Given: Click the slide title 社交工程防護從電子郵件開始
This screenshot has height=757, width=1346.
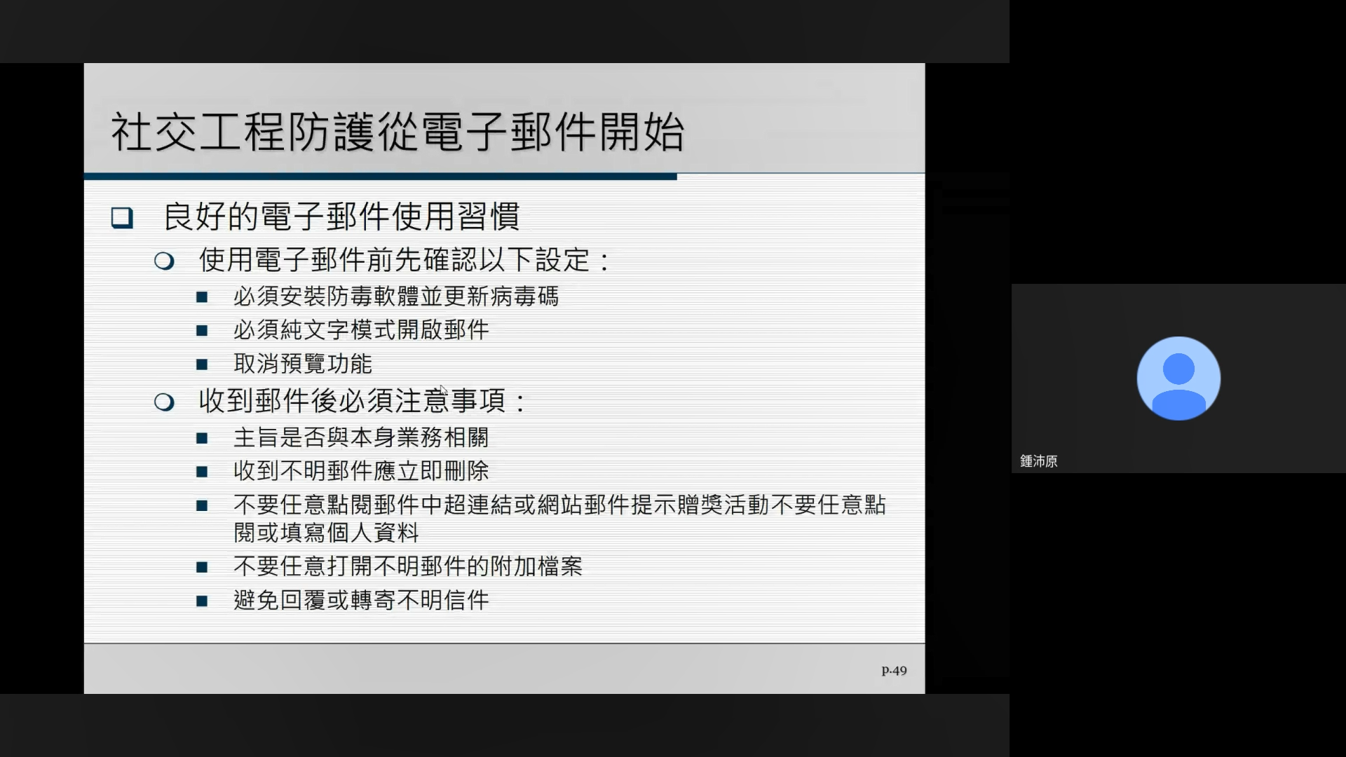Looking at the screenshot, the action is point(397,132).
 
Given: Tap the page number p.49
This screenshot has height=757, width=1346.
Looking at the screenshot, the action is point(894,671).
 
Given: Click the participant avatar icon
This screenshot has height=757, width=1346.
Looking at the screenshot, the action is point(1178,378).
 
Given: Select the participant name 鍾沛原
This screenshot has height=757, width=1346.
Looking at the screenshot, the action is point(1038,461).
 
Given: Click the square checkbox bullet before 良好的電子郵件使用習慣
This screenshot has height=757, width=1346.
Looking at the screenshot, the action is point(122,217).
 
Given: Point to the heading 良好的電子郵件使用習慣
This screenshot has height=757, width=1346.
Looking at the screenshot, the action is point(341,216).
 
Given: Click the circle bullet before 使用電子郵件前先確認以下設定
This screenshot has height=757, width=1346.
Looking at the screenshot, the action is point(164,261).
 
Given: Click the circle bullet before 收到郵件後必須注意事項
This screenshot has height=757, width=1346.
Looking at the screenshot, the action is point(164,402).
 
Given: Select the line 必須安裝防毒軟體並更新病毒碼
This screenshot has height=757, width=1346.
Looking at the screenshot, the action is point(396,296).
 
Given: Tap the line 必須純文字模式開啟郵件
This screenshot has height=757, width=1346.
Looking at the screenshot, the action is point(361,329).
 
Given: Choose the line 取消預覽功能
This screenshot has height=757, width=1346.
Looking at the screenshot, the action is point(303,364).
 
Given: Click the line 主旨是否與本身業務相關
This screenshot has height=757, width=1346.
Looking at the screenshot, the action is point(361,437).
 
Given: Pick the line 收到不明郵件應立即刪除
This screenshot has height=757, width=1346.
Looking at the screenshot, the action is point(361,471).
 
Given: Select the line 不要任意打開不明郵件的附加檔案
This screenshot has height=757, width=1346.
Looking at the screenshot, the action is point(408,566).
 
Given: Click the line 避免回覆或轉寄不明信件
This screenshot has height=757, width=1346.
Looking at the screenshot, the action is point(361,600).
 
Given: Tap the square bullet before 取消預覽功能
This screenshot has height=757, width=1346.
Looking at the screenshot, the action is point(202,364).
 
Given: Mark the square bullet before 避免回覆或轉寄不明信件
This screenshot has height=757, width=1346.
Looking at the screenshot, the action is point(202,601).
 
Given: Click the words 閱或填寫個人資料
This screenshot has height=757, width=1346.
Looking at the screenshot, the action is point(326,533).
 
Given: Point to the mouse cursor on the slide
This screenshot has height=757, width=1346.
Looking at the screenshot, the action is point(443,390).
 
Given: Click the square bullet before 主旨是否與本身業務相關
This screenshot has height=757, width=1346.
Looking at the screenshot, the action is point(202,439).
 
